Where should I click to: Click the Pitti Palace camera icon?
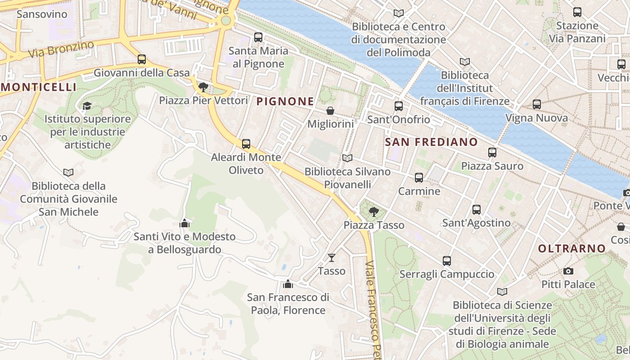coord(568,271)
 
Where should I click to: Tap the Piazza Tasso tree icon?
coord(373,211)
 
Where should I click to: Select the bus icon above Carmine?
coord(419,178)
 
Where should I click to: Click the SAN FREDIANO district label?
coord(432,142)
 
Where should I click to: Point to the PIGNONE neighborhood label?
coord(285,102)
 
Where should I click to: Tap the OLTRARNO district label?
coord(572,248)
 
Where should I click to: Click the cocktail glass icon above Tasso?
coord(332,257)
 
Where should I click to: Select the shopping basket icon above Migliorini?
coord(330,111)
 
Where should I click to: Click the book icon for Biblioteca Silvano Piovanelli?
coord(347,158)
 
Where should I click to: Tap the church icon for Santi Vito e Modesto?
coord(184,223)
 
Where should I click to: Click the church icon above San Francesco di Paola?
coord(288,284)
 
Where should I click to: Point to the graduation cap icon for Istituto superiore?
coord(87,106)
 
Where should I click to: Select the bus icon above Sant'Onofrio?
coord(399,106)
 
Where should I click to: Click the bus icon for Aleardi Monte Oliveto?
coord(246,144)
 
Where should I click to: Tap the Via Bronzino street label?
coord(61,49)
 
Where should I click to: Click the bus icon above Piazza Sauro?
coord(492,153)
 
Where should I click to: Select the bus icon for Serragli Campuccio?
coord(446,261)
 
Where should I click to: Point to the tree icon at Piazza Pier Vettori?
coord(203,87)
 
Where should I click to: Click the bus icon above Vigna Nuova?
coord(536,104)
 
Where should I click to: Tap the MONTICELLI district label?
coord(39,87)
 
